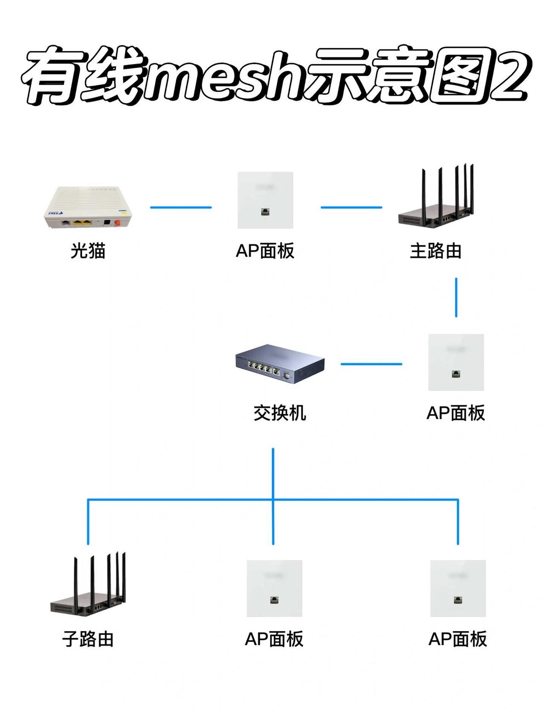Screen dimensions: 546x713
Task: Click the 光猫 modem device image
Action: (88, 208)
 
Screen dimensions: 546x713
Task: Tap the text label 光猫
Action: (88, 250)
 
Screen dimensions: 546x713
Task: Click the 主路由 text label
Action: (436, 250)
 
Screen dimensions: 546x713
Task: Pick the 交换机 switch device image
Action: (280, 364)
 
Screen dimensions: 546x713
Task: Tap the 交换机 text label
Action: (280, 413)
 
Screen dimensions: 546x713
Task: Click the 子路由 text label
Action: (88, 639)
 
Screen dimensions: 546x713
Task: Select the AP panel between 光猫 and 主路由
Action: (265, 200)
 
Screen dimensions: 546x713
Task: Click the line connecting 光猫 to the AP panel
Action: (181, 207)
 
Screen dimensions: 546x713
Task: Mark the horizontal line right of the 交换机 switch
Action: (372, 364)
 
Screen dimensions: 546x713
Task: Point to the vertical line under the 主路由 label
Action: (456, 297)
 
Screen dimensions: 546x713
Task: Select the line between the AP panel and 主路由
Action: (351, 207)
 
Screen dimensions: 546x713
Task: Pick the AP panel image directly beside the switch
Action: (456, 362)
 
